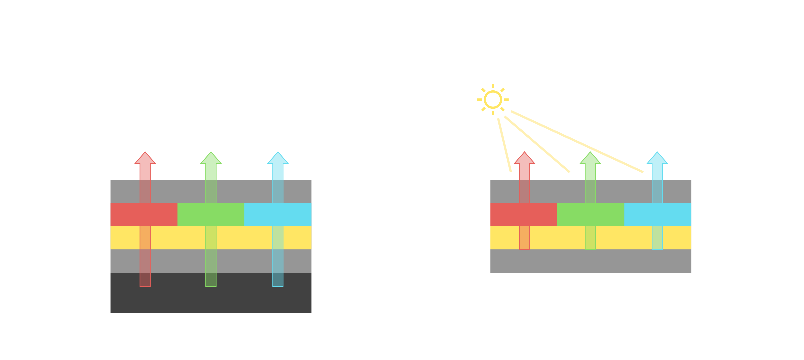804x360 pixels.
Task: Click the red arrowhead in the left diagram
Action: coord(145,159)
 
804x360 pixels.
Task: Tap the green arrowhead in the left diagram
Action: coord(211,159)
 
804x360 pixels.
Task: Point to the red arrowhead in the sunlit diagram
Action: coord(524,159)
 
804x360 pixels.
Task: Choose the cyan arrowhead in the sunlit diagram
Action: coord(657,159)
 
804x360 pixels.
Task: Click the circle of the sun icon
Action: coord(493,99)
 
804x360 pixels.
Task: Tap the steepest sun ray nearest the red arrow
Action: coord(504,145)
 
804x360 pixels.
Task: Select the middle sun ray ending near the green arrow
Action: coord(537,144)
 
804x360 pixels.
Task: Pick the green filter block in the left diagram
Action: coord(194,215)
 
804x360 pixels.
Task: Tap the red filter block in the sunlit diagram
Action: coord(506,215)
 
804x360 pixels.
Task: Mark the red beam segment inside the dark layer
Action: coord(145,279)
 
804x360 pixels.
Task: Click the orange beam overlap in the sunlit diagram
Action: coord(524,237)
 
